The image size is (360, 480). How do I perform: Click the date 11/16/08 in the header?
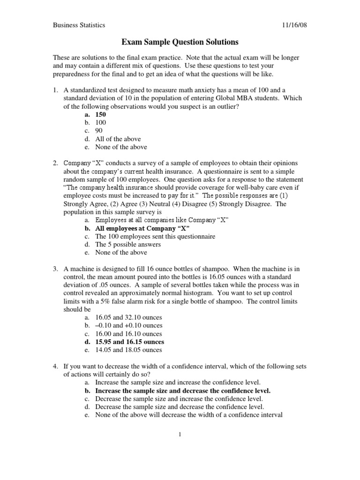[294, 25]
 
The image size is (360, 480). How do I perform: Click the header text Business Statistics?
[79, 25]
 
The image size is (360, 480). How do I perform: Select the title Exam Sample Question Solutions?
[180, 42]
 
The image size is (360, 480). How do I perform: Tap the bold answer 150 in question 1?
[101, 114]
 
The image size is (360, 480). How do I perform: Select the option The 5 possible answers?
[127, 244]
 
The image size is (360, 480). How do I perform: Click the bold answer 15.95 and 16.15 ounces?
[129, 342]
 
